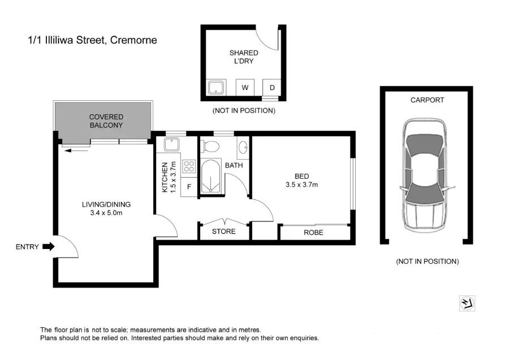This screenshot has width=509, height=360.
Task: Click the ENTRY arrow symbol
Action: (x=48, y=247)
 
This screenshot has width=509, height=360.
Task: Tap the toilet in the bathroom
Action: (x=210, y=146)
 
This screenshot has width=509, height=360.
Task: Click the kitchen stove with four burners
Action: (x=189, y=166)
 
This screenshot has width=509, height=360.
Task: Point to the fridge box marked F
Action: (x=189, y=186)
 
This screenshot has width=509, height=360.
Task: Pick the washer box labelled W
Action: (x=245, y=88)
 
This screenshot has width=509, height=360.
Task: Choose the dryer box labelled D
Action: (x=272, y=88)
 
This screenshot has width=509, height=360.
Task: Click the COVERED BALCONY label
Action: (x=106, y=121)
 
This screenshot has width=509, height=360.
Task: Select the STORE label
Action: (x=223, y=232)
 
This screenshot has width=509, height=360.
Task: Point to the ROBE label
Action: (x=313, y=233)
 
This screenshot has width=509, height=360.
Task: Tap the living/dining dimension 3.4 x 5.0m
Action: (x=106, y=213)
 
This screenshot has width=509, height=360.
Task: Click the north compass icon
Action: (x=468, y=304)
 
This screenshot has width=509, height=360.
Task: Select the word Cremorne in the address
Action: (x=133, y=40)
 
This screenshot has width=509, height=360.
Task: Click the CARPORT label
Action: (x=427, y=100)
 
